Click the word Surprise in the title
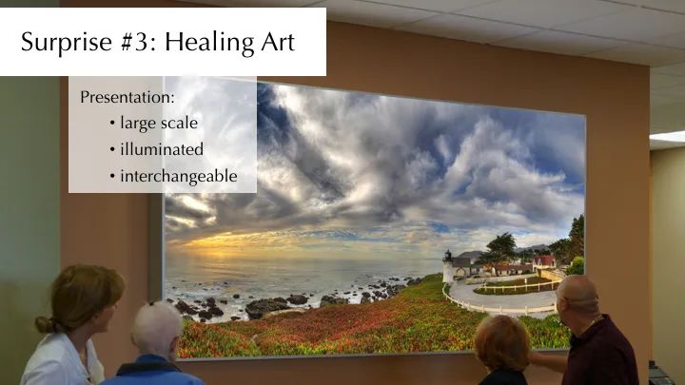coord(67,43)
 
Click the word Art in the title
coord(278,43)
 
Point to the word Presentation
coord(127,97)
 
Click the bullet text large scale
coord(159,124)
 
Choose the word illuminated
coord(162,149)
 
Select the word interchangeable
coord(179,177)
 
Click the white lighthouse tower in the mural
coord(448,266)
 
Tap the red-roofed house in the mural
coord(544,261)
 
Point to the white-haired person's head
coord(156,329)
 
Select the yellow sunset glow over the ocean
coord(227,241)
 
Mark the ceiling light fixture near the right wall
coord(667,137)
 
